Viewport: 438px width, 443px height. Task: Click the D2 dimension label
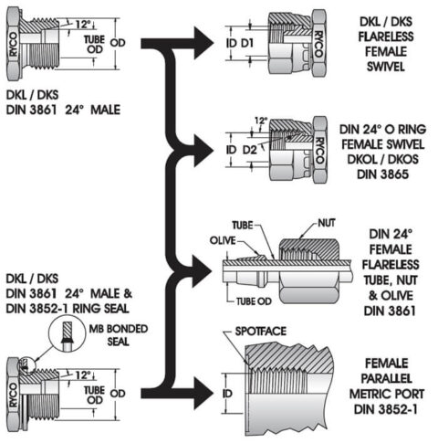coord(250,149)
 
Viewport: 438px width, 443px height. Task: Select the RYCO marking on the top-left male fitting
coord(14,54)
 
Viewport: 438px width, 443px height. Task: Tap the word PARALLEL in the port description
coord(384,377)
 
